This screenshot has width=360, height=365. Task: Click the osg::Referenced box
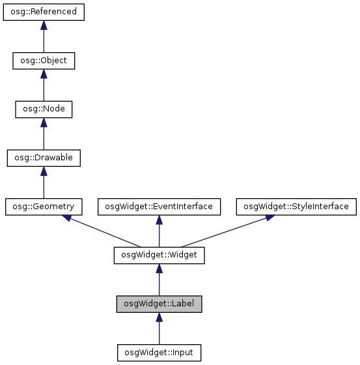44,12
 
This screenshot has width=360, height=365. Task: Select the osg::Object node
44,61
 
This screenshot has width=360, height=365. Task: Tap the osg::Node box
44,109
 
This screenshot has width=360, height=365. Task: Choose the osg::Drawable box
44,158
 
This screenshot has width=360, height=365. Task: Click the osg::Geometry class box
44,207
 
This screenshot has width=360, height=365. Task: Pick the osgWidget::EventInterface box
159,207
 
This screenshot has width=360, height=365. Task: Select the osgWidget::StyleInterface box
296,207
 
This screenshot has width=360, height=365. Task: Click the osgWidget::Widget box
159,255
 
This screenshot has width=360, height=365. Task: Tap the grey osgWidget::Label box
159,304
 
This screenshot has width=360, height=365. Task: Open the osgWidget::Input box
159,353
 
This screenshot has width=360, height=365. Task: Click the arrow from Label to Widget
159,281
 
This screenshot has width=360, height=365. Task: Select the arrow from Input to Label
159,330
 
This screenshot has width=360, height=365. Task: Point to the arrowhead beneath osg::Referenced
44,25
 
